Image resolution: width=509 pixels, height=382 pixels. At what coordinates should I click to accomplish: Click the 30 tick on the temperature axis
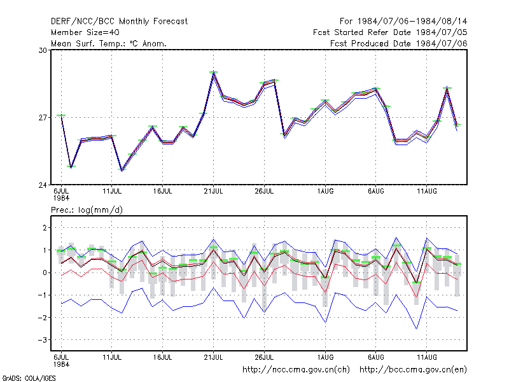(43, 50)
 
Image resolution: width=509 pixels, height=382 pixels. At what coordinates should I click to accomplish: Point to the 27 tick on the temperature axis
(43, 118)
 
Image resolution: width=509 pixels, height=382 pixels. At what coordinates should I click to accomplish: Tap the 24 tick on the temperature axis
(43, 185)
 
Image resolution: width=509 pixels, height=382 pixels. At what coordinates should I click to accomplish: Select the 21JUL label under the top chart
(213, 192)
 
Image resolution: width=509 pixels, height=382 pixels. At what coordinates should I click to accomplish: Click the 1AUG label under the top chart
(325, 192)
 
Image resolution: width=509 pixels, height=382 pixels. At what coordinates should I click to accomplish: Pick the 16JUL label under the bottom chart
(163, 357)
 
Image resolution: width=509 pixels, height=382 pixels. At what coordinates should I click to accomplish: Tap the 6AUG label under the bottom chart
(376, 357)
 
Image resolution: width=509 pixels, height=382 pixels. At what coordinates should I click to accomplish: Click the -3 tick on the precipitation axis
(43, 340)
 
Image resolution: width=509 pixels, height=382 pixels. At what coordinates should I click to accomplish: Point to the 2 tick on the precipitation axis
(45, 228)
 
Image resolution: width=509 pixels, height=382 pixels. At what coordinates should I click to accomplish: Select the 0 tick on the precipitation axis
(45, 273)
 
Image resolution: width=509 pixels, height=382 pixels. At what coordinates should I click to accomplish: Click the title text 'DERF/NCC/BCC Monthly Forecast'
(119, 22)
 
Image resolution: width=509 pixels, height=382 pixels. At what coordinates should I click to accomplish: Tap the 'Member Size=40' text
(85, 32)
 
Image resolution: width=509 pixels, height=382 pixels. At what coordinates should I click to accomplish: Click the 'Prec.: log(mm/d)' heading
(87, 210)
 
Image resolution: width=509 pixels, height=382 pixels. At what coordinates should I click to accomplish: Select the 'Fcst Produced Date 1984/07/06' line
(399, 43)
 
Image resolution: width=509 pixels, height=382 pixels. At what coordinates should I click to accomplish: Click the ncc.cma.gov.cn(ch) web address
(296, 370)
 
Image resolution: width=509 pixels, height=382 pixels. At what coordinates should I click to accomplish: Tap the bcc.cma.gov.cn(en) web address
(413, 370)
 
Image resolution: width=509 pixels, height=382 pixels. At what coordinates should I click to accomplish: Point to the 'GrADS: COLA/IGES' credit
(29, 378)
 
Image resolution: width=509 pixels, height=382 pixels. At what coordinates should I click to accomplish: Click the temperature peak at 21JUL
(213, 73)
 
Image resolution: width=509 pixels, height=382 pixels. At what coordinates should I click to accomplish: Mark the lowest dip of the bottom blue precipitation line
(417, 329)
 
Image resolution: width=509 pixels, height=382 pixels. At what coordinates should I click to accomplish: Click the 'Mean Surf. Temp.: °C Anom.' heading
(109, 43)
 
